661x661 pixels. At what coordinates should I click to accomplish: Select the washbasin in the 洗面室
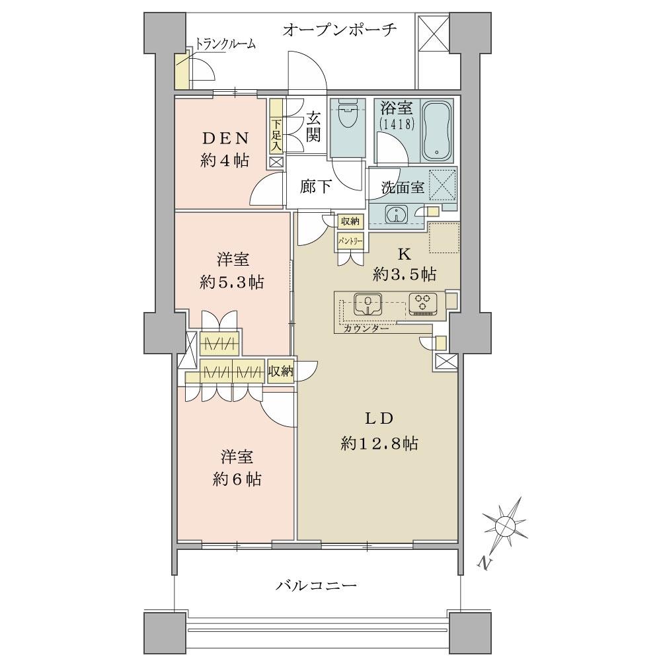pos(396,214)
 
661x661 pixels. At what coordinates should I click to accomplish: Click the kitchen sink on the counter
pos(366,303)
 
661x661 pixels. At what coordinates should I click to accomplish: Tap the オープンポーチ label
pos(340,30)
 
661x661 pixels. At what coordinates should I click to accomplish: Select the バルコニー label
pos(316,585)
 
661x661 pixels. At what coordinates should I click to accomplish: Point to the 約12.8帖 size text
pos(379,444)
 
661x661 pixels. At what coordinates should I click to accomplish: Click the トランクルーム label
pos(225,44)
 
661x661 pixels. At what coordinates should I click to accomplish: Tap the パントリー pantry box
pos(349,241)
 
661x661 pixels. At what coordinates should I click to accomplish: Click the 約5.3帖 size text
pos(232,282)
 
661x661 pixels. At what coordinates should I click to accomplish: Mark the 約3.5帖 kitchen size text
pos(405,273)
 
